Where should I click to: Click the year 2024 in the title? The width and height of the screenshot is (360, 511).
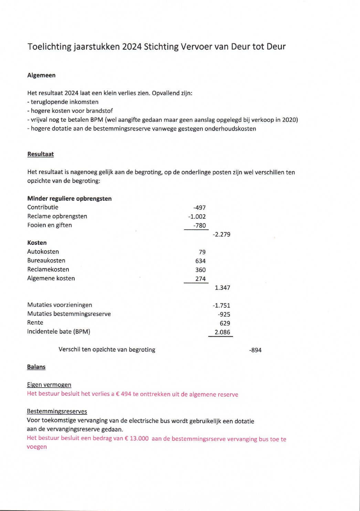132,47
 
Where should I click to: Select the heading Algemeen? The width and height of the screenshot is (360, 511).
41,75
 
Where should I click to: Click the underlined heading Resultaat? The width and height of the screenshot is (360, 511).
41,154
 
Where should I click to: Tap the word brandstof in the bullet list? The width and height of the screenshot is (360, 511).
99,111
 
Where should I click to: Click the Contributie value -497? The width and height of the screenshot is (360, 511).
199,208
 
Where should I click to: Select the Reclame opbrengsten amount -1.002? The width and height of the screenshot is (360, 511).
197,217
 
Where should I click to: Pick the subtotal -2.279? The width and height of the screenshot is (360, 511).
221,235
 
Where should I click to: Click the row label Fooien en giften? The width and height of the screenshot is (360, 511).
50,225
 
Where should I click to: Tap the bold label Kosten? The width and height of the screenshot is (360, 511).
37,243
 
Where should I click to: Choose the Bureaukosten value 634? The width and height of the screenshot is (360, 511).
200,261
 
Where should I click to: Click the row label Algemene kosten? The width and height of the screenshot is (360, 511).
51,279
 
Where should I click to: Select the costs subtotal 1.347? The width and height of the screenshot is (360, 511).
222,288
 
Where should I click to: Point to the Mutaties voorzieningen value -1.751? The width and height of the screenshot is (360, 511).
221,305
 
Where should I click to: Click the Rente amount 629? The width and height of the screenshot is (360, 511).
225,323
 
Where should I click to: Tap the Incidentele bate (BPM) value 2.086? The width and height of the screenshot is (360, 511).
222,332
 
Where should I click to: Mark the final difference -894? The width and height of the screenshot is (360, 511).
255,350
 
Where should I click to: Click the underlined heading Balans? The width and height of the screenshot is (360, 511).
36,367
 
